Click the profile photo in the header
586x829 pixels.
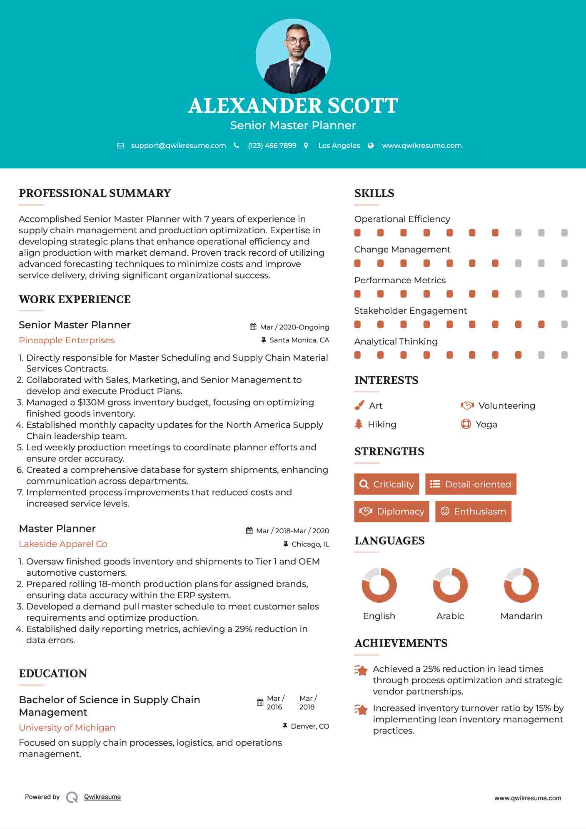293,56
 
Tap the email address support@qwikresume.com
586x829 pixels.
178,145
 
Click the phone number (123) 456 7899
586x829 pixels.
272,145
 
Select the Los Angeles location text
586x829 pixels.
339,145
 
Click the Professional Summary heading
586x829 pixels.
95,193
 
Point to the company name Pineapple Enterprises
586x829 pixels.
67,340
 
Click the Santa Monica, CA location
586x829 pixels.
299,340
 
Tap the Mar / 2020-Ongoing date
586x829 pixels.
294,327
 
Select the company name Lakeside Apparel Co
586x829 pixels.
63,544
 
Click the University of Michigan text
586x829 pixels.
67,728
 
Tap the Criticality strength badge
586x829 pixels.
387,484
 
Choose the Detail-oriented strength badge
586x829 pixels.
471,484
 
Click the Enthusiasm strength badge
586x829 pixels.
473,511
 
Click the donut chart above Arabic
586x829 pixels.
450,585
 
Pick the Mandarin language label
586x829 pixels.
521,616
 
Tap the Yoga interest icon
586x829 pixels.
466,424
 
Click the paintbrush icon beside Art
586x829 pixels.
359,405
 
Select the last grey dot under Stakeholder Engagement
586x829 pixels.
564,325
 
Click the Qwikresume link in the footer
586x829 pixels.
102,797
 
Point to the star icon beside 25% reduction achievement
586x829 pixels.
361,670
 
